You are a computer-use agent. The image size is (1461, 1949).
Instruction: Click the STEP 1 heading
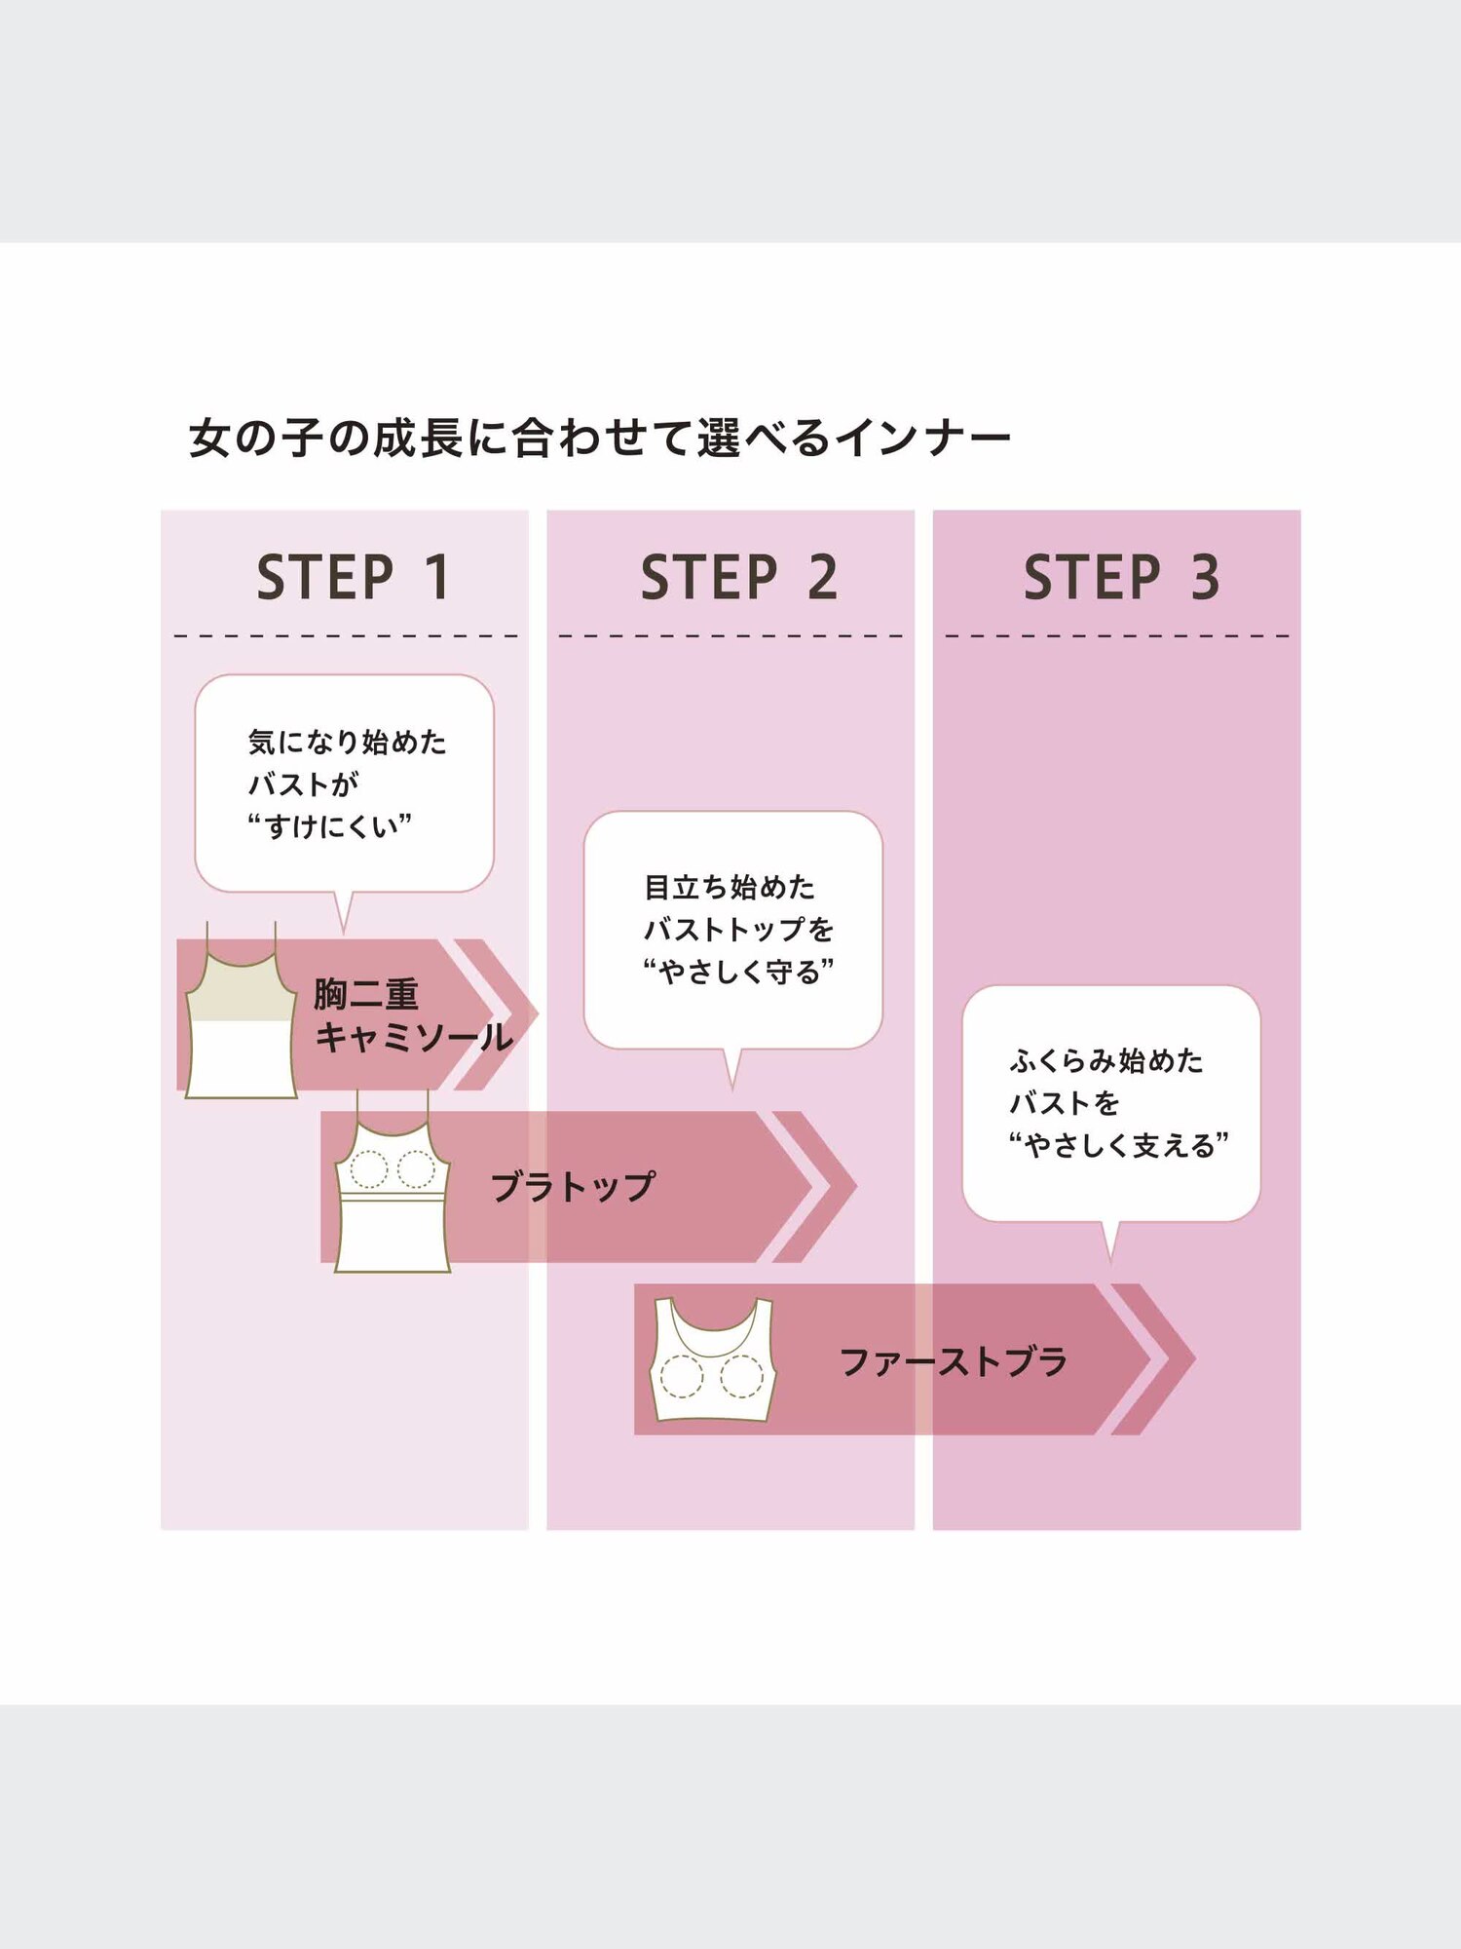click(352, 577)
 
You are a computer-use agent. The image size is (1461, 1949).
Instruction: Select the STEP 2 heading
click(737, 577)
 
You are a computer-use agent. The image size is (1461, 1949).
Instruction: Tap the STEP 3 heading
click(1120, 577)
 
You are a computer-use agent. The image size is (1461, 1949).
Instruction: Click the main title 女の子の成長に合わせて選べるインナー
click(599, 438)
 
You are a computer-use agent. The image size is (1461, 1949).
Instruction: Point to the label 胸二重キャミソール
click(412, 1015)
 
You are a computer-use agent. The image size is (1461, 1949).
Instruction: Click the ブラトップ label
click(573, 1187)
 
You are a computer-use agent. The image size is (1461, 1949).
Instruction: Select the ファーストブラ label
click(953, 1361)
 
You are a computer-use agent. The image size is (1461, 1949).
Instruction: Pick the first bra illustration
click(713, 1360)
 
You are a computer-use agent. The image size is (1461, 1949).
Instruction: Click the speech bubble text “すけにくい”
click(329, 826)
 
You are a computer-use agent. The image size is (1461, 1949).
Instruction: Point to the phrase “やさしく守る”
click(738, 972)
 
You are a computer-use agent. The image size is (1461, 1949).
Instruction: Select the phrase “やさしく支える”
click(1118, 1145)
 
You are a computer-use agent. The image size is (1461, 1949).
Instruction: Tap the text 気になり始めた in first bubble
click(347, 743)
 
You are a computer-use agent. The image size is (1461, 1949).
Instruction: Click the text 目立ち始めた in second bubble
click(730, 887)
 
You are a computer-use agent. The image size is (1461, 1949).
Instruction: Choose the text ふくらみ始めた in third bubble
click(1106, 1060)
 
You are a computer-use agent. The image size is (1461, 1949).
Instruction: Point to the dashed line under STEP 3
click(1116, 635)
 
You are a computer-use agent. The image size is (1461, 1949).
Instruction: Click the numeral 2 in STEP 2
click(822, 577)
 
